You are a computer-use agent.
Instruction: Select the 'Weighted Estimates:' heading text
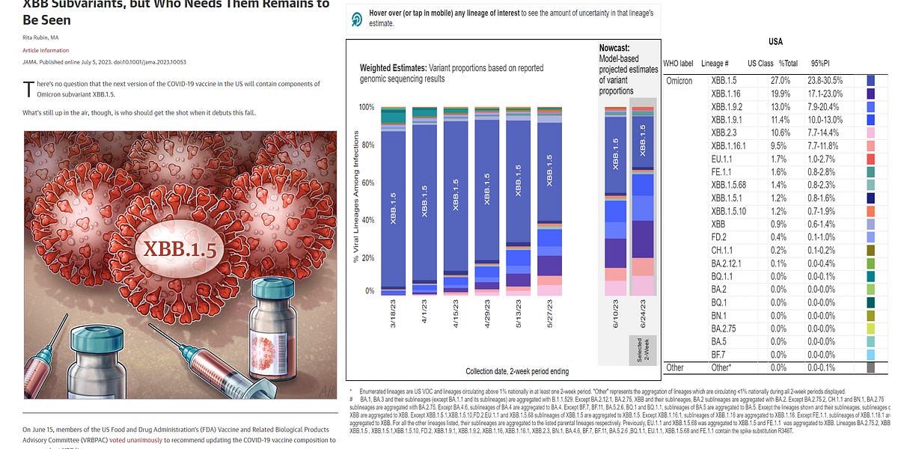click(393, 67)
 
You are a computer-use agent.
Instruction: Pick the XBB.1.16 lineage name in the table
click(727, 94)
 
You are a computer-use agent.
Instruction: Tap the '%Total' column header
click(789, 63)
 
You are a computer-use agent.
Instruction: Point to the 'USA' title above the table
click(776, 42)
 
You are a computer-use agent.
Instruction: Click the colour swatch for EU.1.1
click(870, 159)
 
